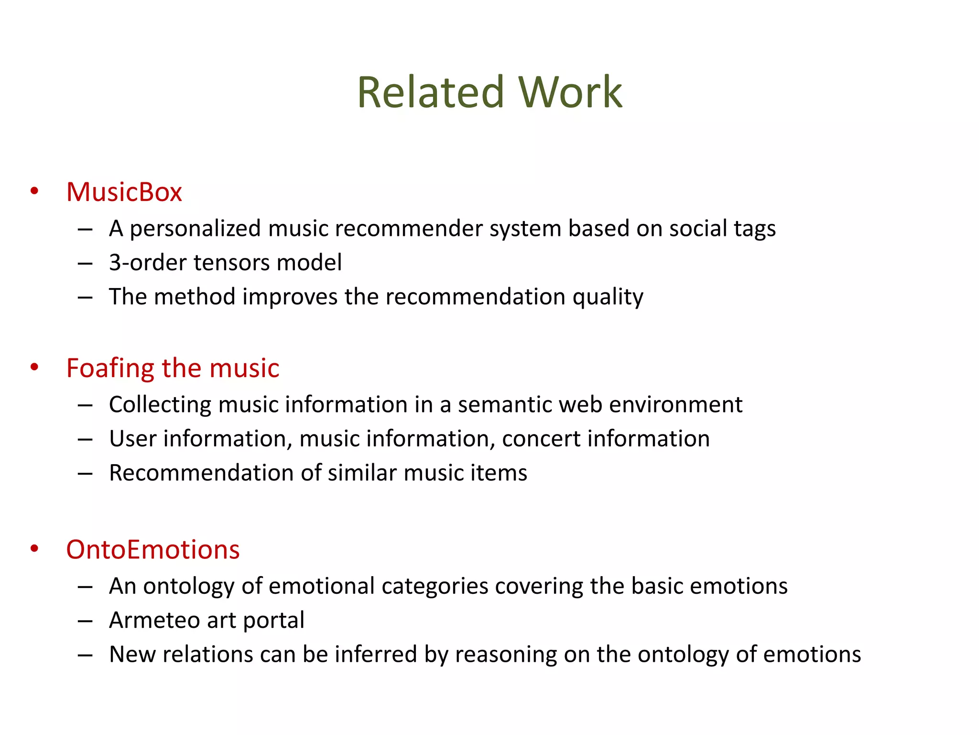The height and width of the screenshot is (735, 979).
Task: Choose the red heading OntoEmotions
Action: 153,549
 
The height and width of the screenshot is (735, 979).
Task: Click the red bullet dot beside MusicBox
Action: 34,191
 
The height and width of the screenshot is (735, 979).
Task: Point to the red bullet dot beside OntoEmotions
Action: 34,549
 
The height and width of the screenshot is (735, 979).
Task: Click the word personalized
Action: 195,229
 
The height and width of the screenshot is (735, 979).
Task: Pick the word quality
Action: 608,297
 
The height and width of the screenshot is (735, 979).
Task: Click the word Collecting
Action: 160,405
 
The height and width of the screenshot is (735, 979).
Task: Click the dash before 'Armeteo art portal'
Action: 85,621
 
